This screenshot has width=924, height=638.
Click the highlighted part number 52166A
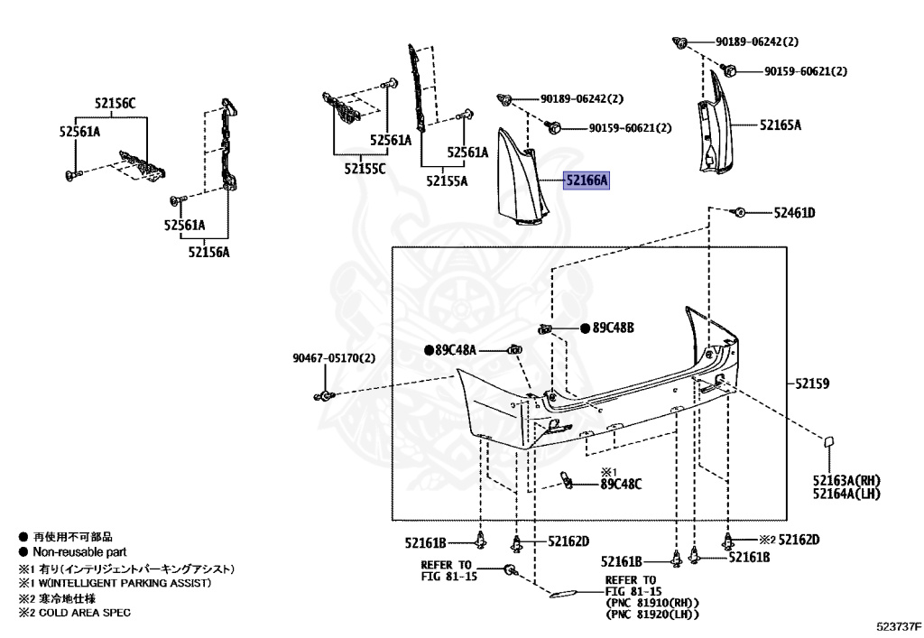[x=587, y=181]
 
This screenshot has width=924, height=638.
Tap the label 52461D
[x=794, y=213]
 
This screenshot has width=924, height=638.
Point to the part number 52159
[x=813, y=384]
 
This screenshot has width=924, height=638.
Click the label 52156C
[x=115, y=103]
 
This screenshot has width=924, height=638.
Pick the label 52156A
[x=209, y=253]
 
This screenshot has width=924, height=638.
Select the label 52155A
[x=448, y=181]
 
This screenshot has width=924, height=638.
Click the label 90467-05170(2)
[x=333, y=358]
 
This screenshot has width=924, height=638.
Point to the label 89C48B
[x=613, y=328]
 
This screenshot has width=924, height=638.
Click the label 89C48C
[x=621, y=484]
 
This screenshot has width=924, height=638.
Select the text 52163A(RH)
[x=846, y=480]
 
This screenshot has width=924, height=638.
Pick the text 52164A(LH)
[x=846, y=493]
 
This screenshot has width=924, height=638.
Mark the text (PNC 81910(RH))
[x=653, y=603]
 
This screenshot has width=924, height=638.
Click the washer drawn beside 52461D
[x=738, y=213]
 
